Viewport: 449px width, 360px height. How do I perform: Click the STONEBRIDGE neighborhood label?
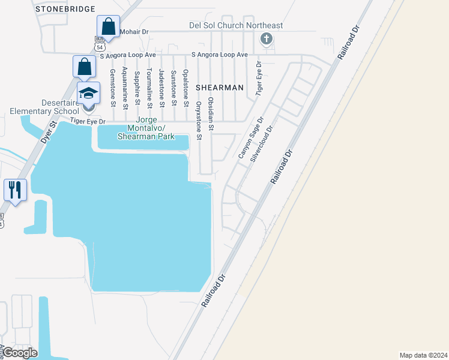point(65,9)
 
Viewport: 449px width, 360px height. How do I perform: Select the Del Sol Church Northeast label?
point(233,26)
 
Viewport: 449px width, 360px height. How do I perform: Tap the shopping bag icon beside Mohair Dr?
point(108,27)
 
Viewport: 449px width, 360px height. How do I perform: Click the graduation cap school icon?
point(88,94)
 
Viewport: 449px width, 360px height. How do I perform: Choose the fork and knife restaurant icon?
point(14,190)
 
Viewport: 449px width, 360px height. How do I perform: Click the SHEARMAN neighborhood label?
point(219,88)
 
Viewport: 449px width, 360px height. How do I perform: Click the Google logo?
point(19,353)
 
